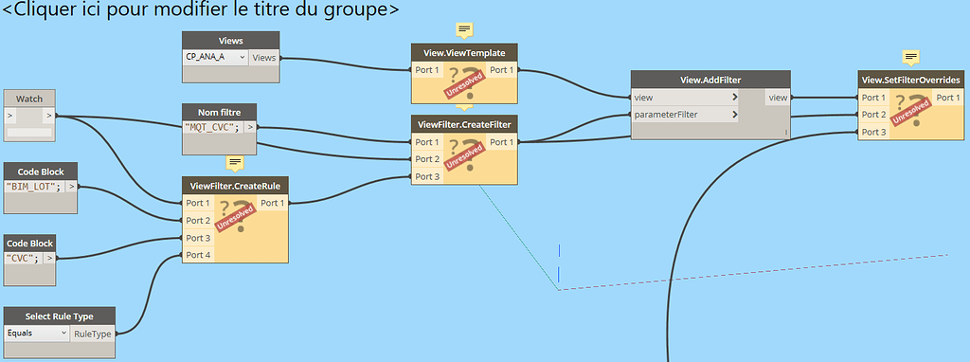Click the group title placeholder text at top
200,9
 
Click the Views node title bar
230,41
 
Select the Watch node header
29,99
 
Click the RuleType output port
93,334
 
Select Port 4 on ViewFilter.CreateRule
198,255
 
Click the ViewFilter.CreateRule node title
234,185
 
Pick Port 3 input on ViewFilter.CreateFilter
427,176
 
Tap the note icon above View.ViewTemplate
464,29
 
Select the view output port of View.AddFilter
778,98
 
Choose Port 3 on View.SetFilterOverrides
873,131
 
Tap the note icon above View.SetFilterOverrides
911,57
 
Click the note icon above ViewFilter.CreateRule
235,163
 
